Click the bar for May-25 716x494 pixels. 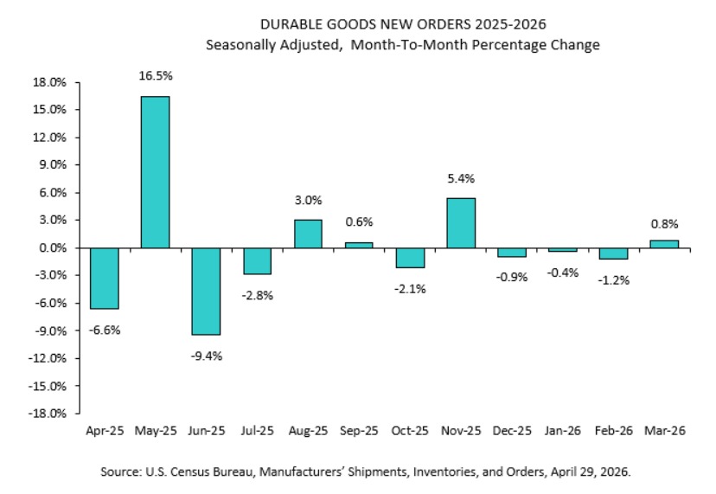click(155, 172)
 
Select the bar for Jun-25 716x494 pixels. click(206, 291)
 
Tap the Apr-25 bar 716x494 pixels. click(104, 278)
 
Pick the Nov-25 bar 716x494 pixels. click(461, 223)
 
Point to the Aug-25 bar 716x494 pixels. click(308, 234)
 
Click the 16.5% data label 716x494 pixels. click(155, 77)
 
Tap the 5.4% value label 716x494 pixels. click(461, 179)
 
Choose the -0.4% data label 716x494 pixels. click(563, 273)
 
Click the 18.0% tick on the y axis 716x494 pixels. click(49, 82)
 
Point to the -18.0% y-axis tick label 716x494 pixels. click(48, 414)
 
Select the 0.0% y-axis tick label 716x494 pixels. click(51, 248)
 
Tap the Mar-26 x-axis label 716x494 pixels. click(664, 430)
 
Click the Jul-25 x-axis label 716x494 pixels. click(257, 430)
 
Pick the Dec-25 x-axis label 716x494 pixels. click(512, 430)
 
